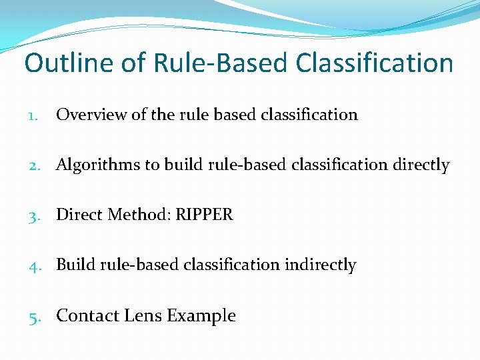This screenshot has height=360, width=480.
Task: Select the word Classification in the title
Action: pos(375,63)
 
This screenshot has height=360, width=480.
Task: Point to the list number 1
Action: pos(33,115)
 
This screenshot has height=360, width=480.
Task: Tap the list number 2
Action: pos(33,165)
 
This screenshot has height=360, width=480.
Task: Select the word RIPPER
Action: pos(205,215)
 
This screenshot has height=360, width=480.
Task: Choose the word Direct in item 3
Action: pos(78,215)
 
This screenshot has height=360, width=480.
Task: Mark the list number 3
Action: pos(33,215)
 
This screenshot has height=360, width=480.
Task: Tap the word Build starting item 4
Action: pos(75,265)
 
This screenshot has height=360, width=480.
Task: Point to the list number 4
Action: pos(33,265)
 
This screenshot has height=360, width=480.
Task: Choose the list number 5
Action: pos(33,315)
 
